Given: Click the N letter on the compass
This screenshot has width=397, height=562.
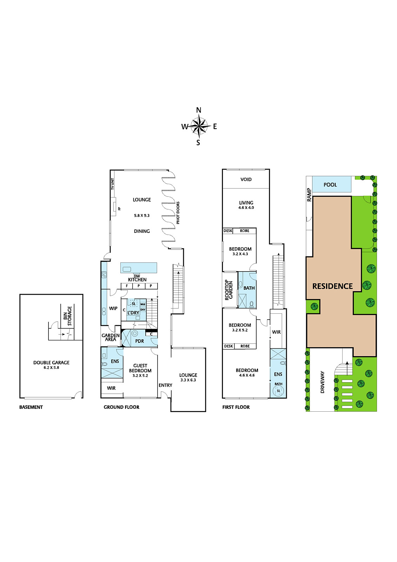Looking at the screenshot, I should tap(199, 110).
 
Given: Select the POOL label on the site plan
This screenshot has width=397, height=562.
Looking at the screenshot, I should tap(330, 185).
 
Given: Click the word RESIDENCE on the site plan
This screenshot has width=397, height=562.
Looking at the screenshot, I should tap(332, 286).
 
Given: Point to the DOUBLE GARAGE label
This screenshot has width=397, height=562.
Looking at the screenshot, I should tap(51, 362).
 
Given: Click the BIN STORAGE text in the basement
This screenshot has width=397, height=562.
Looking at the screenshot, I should tap(67, 316).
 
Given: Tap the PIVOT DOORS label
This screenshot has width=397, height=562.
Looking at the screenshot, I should tap(178, 213).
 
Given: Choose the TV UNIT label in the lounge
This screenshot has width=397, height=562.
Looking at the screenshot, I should tap(113, 184).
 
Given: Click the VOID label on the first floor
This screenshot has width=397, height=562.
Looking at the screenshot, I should tap(246, 179).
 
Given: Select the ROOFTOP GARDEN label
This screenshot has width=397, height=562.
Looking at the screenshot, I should tap(229, 290).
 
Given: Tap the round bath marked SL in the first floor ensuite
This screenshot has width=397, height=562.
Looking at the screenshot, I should tap(278, 391).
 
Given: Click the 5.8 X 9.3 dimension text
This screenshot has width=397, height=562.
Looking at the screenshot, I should tap(141, 216).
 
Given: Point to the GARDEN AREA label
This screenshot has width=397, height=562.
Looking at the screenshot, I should tap(111, 337).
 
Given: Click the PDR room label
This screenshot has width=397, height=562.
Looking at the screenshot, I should tap(139, 341).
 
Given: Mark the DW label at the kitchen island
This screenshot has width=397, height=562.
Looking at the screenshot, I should tap(137, 276).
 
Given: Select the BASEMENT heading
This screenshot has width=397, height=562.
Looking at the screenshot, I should tap(31, 407).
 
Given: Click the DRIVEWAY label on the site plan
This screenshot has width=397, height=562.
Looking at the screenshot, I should tap(322, 382).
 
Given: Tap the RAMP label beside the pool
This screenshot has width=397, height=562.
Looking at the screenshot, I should tap(309, 195).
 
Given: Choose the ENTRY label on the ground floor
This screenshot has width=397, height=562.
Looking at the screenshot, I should tap(165, 385).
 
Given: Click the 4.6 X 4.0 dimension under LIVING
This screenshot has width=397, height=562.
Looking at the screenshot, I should tap(246, 208).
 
